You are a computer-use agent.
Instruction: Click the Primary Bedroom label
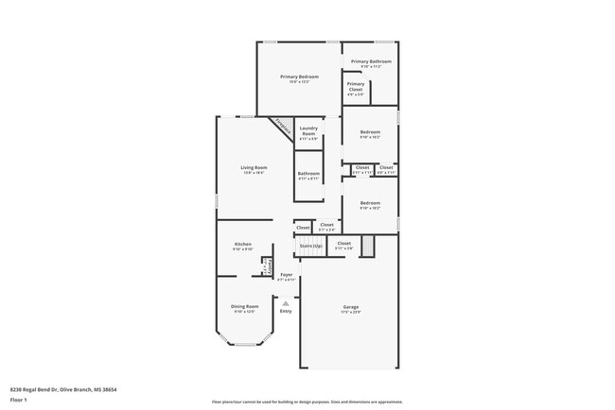298,77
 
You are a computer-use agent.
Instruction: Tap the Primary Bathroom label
370,62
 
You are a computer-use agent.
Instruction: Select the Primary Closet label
356,84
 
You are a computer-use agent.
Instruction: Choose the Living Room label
254,167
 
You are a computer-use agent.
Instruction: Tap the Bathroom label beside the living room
308,174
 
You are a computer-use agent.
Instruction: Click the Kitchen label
243,244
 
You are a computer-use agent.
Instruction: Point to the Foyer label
286,274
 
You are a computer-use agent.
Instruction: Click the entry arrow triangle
286,302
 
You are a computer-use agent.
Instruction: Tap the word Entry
286,311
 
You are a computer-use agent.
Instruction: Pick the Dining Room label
244,306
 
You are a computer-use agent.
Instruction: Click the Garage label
350,306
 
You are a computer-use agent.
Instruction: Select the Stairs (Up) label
310,246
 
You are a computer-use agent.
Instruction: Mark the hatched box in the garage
371,246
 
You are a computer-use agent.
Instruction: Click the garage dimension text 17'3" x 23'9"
350,312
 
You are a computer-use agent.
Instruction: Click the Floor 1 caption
19,399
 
